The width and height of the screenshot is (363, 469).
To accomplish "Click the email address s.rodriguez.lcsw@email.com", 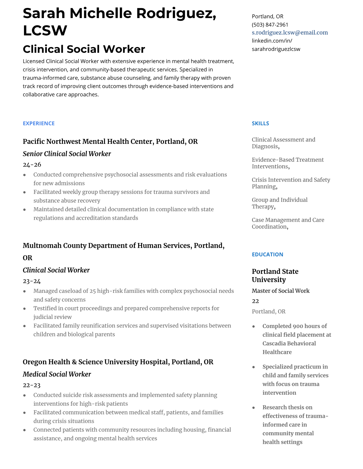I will point(290,33).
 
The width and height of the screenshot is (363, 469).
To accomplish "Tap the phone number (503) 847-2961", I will point(270,25).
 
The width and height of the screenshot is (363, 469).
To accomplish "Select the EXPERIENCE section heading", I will point(39,123).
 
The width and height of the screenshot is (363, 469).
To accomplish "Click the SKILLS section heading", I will point(260,123).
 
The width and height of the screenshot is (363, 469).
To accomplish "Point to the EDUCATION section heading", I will point(267,254).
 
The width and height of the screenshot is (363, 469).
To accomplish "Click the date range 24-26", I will point(32,165).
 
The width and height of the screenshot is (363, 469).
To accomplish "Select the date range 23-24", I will point(32,281).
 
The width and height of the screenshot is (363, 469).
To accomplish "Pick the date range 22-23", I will point(31,385).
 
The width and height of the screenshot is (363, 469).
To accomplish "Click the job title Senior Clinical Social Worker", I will point(67,154).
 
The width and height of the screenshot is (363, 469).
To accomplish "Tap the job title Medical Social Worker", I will point(57,374).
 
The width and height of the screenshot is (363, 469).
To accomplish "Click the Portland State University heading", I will point(275,275).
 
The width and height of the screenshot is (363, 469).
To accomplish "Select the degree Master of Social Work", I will point(281,291).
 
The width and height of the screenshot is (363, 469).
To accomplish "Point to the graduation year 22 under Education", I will point(255,301).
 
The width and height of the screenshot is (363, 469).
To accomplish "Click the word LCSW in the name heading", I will point(45,30).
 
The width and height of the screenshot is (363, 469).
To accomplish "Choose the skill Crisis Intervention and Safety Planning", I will point(291,183).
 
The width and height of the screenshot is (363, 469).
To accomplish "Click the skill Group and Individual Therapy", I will point(279,203).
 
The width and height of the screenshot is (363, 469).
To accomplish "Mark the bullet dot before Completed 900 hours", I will point(254,326).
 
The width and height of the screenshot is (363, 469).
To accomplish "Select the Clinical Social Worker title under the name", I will point(84,49).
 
